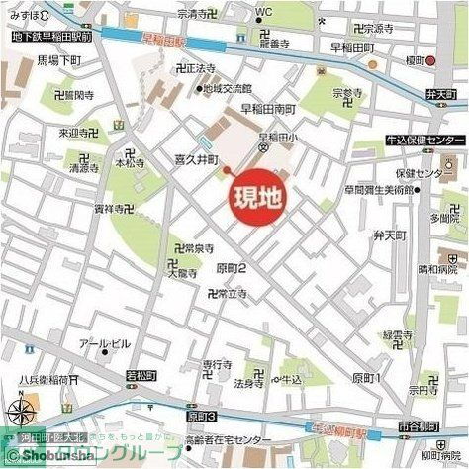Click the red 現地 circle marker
255,197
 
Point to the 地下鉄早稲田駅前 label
51,36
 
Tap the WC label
262,12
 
